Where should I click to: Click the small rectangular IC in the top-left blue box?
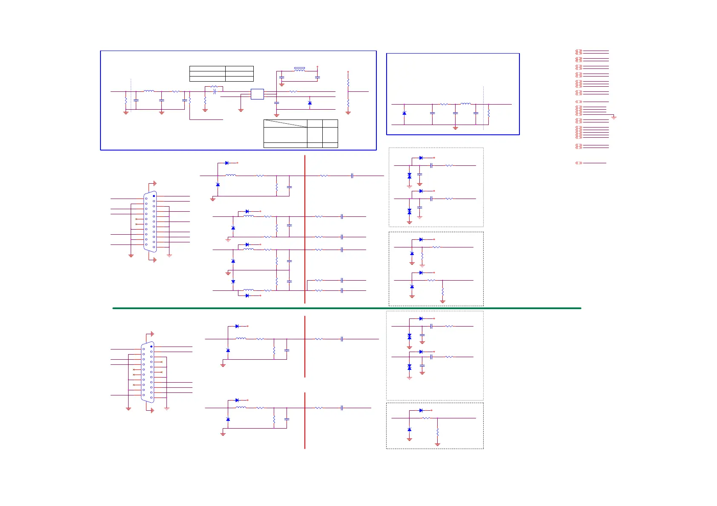pos(257,94)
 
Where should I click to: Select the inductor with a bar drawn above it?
pos(299,69)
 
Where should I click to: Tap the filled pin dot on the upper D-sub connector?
pos(154,196)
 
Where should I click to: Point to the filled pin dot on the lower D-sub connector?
pos(151,347)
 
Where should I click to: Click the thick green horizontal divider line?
pos(347,308)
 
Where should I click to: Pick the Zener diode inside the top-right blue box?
pos(404,113)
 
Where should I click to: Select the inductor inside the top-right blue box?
pos(466,104)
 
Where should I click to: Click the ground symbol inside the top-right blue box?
pos(455,128)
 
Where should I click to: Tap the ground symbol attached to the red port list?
pos(614,117)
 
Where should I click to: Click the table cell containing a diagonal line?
pos(285,124)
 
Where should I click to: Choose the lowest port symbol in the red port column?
pos(579,163)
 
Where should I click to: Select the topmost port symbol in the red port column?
pos(579,52)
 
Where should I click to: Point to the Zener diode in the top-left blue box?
pos(310,103)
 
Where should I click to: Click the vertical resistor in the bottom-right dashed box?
pos(437,432)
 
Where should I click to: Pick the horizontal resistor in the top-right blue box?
pos(444,104)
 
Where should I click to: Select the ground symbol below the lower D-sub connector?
pos(152,410)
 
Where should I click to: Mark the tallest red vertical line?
pos(305,229)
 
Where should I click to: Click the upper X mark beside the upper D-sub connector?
pos(136,219)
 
